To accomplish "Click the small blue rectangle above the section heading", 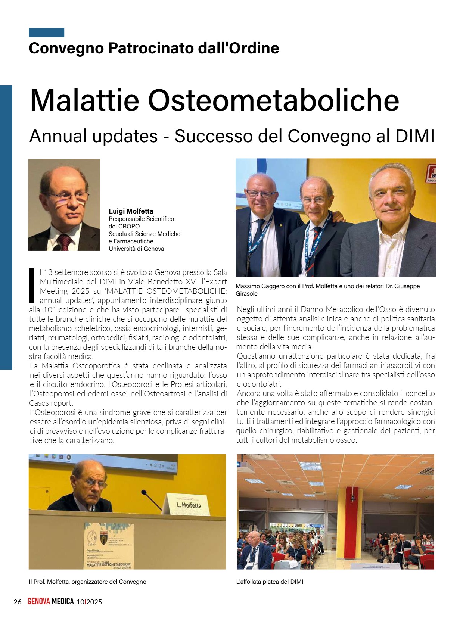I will [x=46, y=32].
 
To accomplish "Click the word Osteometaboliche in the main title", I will [x=274, y=101].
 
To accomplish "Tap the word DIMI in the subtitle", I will [x=415, y=136].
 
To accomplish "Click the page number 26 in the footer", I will [x=17, y=602].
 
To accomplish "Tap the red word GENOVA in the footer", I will [x=38, y=601].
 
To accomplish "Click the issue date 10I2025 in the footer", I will [x=89, y=602].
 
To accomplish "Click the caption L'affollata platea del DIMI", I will [x=270, y=582].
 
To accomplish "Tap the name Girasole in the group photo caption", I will [x=246, y=293].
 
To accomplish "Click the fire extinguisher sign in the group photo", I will [x=432, y=174].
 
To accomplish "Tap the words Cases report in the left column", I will [x=51, y=403].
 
